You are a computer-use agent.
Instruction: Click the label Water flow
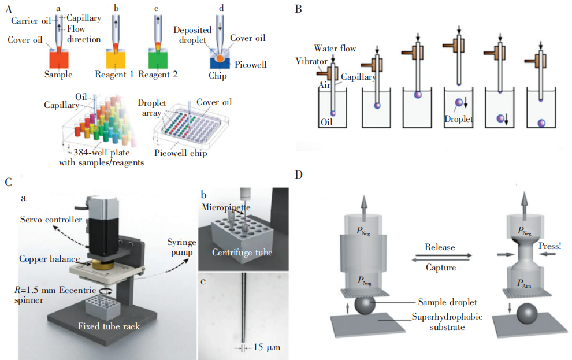335,49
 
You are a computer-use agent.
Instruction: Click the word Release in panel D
440,247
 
